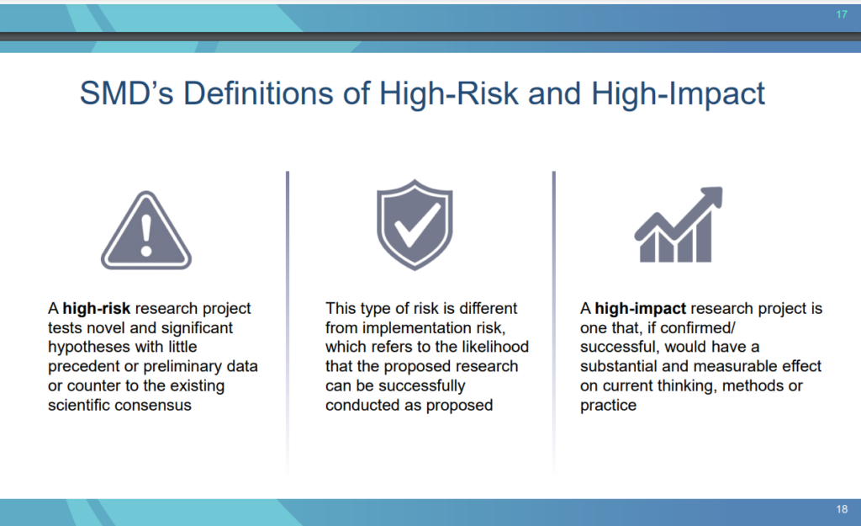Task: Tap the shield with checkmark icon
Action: click(415, 224)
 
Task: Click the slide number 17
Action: click(842, 14)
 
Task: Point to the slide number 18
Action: click(842, 509)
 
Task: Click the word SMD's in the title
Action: click(126, 93)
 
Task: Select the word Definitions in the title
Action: click(258, 93)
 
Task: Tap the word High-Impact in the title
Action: click(678, 94)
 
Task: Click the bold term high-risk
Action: click(97, 308)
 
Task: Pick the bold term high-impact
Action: click(640, 309)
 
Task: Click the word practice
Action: click(609, 405)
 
